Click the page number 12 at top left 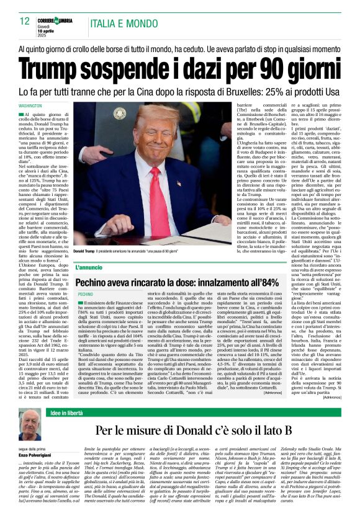(25, 21)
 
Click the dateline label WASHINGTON (39, 106)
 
